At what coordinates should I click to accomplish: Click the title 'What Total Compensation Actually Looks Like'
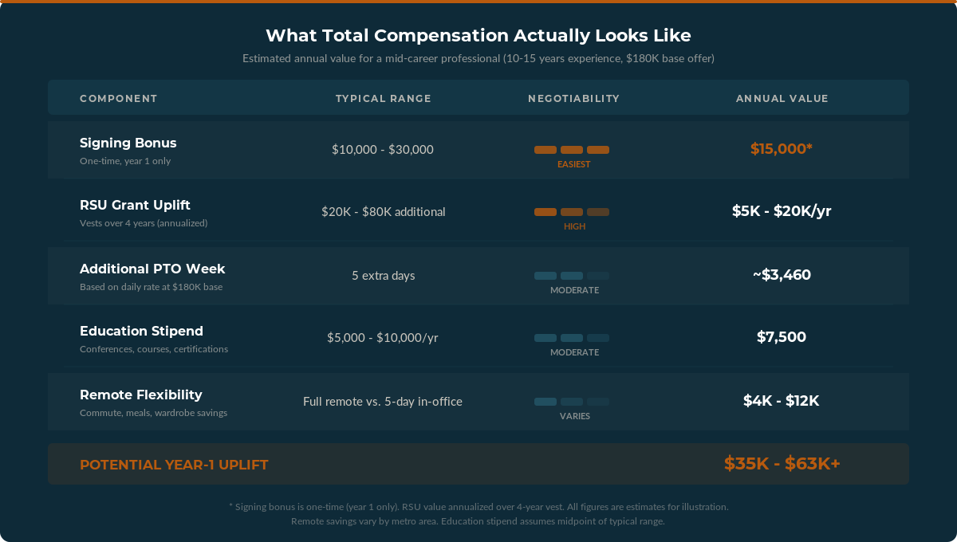(478, 36)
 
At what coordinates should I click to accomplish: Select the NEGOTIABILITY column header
(573, 99)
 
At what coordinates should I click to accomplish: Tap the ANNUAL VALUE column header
(782, 99)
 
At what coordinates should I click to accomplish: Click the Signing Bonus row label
(128, 143)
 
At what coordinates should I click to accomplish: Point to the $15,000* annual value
(782, 149)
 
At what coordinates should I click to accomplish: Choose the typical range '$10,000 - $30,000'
(383, 150)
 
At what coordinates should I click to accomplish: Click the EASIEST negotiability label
(574, 164)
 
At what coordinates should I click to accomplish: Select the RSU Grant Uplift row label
(135, 206)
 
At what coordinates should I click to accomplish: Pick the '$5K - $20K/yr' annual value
(782, 211)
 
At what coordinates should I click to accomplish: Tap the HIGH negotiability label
(574, 226)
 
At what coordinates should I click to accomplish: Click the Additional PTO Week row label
(152, 269)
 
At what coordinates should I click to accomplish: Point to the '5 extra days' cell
(383, 276)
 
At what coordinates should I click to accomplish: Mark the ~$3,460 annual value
(782, 275)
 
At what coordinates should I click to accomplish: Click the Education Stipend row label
(141, 332)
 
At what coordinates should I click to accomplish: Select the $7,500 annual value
(782, 337)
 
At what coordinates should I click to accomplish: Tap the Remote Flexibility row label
(141, 395)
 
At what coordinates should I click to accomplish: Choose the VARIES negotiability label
(574, 416)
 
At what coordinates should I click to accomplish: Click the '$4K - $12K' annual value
(782, 401)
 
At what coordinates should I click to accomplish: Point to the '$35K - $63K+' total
(782, 464)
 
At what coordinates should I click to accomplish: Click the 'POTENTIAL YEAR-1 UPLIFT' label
(174, 465)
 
